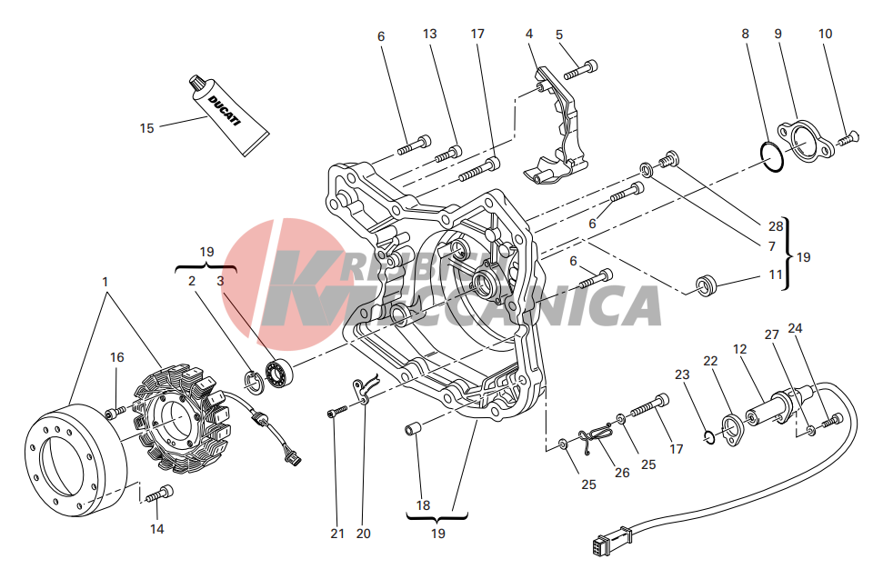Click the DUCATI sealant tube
tap(228, 115)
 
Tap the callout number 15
tap(146, 128)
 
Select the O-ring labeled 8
tap(771, 157)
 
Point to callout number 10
tap(825, 34)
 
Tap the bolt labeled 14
tap(159, 494)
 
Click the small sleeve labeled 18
tap(411, 430)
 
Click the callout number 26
tap(622, 472)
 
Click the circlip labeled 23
tap(709, 436)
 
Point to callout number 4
tap(528, 34)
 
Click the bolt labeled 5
tap(580, 70)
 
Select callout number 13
tap(429, 34)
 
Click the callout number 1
tap(105, 282)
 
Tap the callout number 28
tap(776, 226)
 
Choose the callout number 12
tap(739, 350)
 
